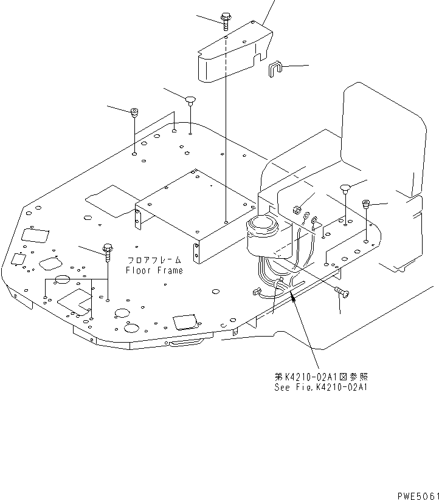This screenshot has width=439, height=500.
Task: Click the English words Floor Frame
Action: pos(154,270)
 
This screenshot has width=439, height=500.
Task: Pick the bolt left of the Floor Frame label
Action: pos(108,249)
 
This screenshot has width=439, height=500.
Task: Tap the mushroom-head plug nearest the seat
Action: pos(344,187)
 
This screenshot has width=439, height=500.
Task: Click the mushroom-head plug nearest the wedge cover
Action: pos(191,100)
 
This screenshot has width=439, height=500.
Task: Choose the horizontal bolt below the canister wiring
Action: pos(343,293)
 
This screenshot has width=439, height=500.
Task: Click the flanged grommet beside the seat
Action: pos(366,205)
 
